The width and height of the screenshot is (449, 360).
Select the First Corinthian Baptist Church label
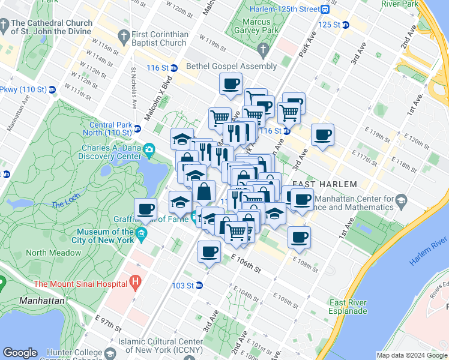(x=160, y=38)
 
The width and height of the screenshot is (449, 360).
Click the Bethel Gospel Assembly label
(x=231, y=67)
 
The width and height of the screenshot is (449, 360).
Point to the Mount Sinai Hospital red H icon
(x=136, y=280)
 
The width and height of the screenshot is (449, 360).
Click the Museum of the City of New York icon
(x=142, y=233)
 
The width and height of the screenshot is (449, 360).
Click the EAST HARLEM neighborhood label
(x=324, y=184)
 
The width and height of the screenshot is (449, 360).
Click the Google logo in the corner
(x=20, y=353)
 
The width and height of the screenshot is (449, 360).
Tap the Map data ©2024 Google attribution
(x=412, y=356)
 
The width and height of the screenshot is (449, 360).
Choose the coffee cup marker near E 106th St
(x=209, y=251)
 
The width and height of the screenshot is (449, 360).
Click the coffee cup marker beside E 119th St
(x=323, y=134)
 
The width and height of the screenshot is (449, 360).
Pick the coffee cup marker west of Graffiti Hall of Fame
(x=145, y=209)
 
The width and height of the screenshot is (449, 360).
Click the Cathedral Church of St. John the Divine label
(x=51, y=28)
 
